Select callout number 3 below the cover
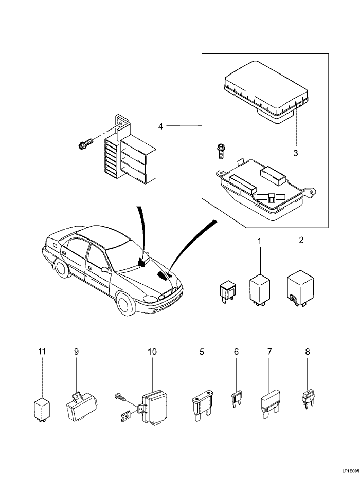(296, 153)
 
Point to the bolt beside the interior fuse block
(85, 144)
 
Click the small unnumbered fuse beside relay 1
(226, 291)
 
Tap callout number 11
(42, 352)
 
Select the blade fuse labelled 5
(202, 406)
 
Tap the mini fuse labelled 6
(236, 399)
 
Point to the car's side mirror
(104, 269)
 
